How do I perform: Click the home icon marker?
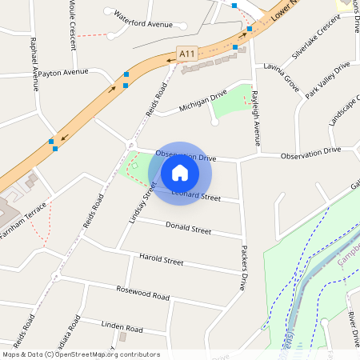[x=180, y=172]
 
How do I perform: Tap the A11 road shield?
[x=186, y=54]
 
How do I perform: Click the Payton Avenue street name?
[x=62, y=72]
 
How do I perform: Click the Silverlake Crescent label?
[x=317, y=41]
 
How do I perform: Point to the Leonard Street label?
[x=197, y=195]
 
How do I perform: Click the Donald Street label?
[x=188, y=229]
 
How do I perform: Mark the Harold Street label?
[x=161, y=260]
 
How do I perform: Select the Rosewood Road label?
[x=143, y=293]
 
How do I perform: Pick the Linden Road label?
[x=122, y=327]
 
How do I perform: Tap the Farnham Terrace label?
[x=24, y=215]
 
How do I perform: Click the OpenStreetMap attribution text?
[x=81, y=354]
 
